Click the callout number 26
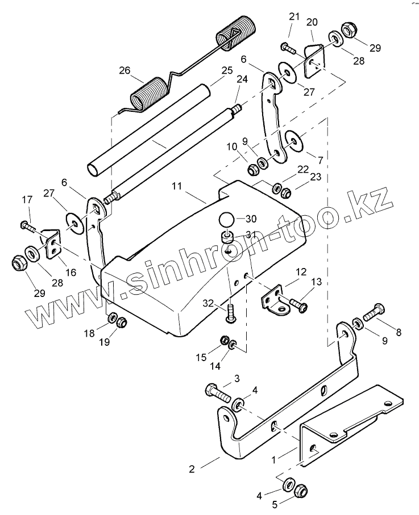(125, 71)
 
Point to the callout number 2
(192, 468)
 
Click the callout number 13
(317, 282)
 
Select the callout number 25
(227, 70)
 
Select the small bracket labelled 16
(53, 245)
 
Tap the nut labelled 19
(121, 323)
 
